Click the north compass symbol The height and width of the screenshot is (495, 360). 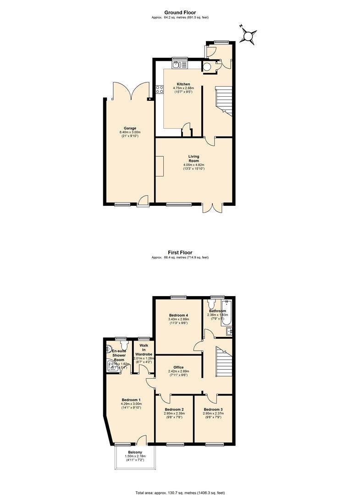[250, 35]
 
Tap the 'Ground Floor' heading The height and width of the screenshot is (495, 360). [180, 12]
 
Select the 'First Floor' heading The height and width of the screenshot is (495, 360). [180, 253]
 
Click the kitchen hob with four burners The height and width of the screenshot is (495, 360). [160, 89]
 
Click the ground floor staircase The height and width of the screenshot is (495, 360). [224, 100]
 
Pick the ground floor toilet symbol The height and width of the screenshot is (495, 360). [207, 67]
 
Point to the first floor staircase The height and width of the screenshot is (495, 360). [224, 360]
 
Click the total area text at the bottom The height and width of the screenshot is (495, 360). [180, 492]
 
